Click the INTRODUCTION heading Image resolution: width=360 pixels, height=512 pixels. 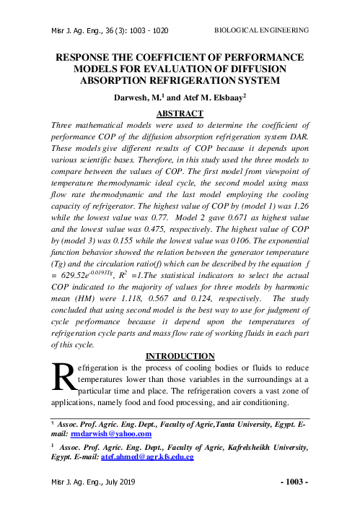180,355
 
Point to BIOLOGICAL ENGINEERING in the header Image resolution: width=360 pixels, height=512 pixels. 262,30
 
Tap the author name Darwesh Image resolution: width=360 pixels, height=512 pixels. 131,97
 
